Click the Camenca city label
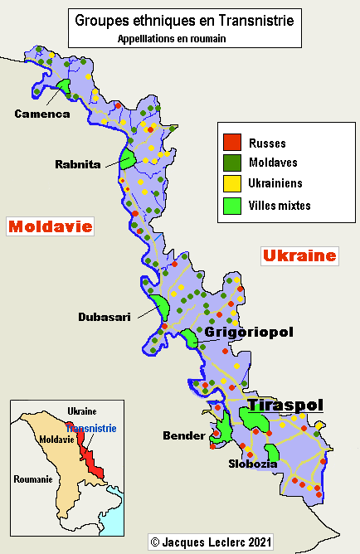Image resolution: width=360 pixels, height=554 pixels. click(x=41, y=114)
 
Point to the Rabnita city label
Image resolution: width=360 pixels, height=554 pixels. click(x=78, y=164)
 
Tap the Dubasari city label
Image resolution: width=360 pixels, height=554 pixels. click(x=105, y=317)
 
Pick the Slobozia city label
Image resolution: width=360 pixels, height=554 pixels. click(x=253, y=464)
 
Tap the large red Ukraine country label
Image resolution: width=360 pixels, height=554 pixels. click(x=299, y=256)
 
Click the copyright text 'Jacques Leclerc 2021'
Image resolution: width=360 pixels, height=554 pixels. click(x=211, y=542)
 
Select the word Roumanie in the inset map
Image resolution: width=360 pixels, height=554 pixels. click(x=32, y=479)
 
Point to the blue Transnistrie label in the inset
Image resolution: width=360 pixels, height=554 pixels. click(x=92, y=429)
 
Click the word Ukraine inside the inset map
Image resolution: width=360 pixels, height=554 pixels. click(x=81, y=411)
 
